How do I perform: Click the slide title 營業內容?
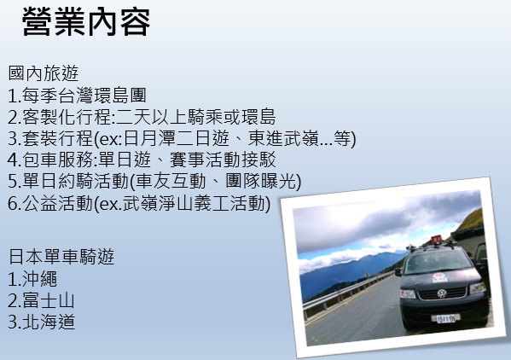pyautogui.click(x=86, y=22)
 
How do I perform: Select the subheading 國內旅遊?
pyautogui.click(x=44, y=73)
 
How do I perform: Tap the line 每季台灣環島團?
pyautogui.click(x=84, y=96)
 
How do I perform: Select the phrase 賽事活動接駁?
pyautogui.click(x=223, y=160)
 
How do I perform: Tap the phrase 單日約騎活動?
pyautogui.click(x=75, y=181)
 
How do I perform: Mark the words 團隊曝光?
pyautogui.click(x=261, y=181)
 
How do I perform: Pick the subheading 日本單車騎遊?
pyautogui.click(x=61, y=257)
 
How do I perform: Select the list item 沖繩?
pyautogui.click(x=40, y=279)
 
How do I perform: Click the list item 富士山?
pyautogui.click(x=49, y=300)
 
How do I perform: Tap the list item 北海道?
pyautogui.click(x=49, y=322)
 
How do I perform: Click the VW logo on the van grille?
pyautogui.click(x=442, y=293)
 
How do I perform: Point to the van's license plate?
pyautogui.click(x=446, y=318)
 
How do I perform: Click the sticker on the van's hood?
pyautogui.click(x=439, y=277)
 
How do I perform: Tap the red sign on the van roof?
pyautogui.click(x=437, y=241)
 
